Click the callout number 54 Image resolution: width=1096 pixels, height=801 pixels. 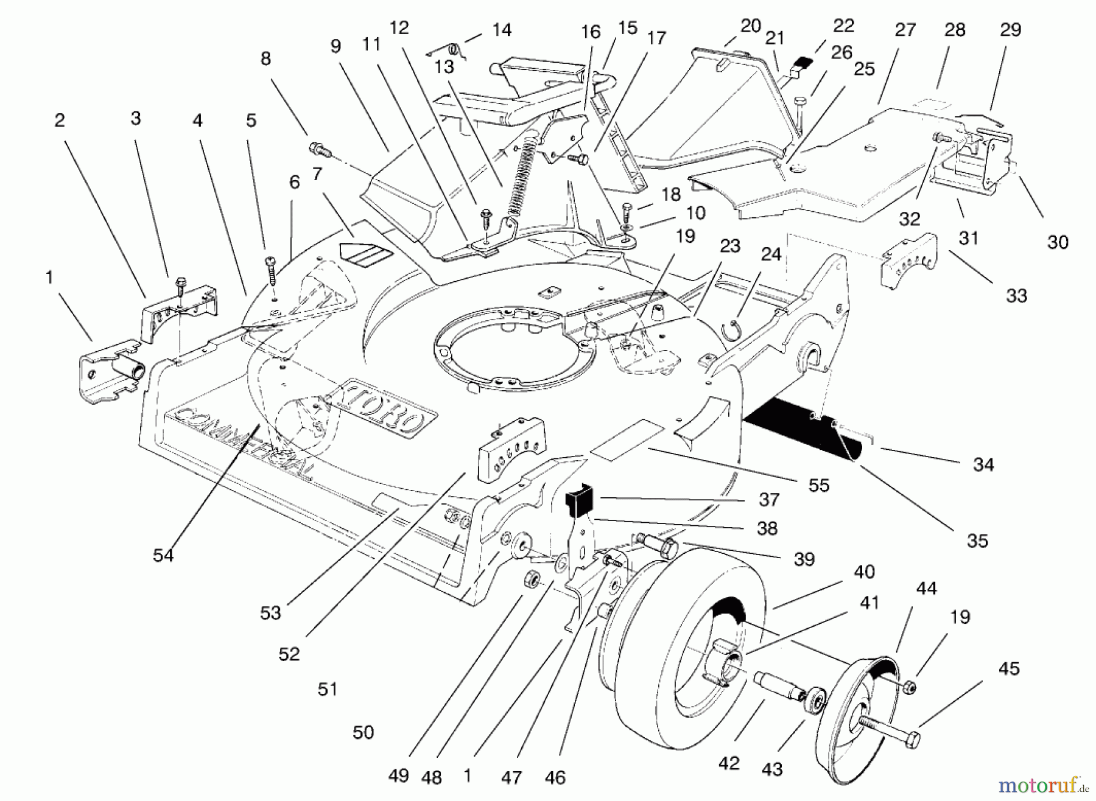(163, 555)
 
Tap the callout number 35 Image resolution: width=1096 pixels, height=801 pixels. (977, 540)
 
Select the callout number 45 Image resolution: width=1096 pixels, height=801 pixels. (1009, 668)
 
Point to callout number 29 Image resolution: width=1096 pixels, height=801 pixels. (1011, 29)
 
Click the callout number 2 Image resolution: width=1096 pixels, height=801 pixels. (59, 120)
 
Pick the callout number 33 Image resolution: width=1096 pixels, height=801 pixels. (1016, 296)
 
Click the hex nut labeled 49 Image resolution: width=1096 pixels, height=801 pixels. (532, 578)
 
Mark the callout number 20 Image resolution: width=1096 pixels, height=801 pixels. (751, 26)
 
